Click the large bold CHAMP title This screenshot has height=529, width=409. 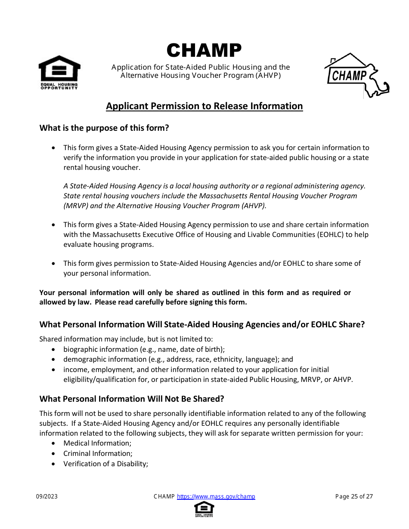pyautogui.click(x=204, y=51)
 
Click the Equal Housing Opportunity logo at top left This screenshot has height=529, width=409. pyautogui.click(x=59, y=72)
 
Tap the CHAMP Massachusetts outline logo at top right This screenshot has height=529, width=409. pyautogui.click(x=356, y=75)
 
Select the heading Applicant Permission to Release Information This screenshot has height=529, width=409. pyautogui.click(x=204, y=106)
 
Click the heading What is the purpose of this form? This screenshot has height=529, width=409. pyautogui.click(x=104, y=128)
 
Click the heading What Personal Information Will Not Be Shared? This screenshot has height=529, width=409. pyautogui.click(x=132, y=399)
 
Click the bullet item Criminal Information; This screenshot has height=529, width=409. pyautogui.click(x=98, y=453)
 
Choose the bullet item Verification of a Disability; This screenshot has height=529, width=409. pyautogui.click(x=105, y=464)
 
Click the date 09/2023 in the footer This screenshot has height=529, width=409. pyautogui.click(x=46, y=496)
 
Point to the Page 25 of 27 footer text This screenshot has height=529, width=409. pyautogui.click(x=354, y=496)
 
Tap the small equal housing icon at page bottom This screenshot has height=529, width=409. pyautogui.click(x=204, y=508)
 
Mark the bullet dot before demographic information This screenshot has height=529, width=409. pyautogui.click(x=53, y=360)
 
